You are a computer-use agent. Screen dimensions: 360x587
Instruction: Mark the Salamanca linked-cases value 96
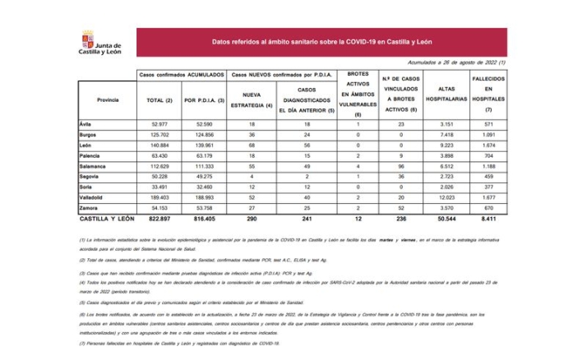pyautogui.click(x=400, y=165)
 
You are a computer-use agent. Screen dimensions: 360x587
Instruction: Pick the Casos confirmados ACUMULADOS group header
pyautogui.click(x=182, y=74)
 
